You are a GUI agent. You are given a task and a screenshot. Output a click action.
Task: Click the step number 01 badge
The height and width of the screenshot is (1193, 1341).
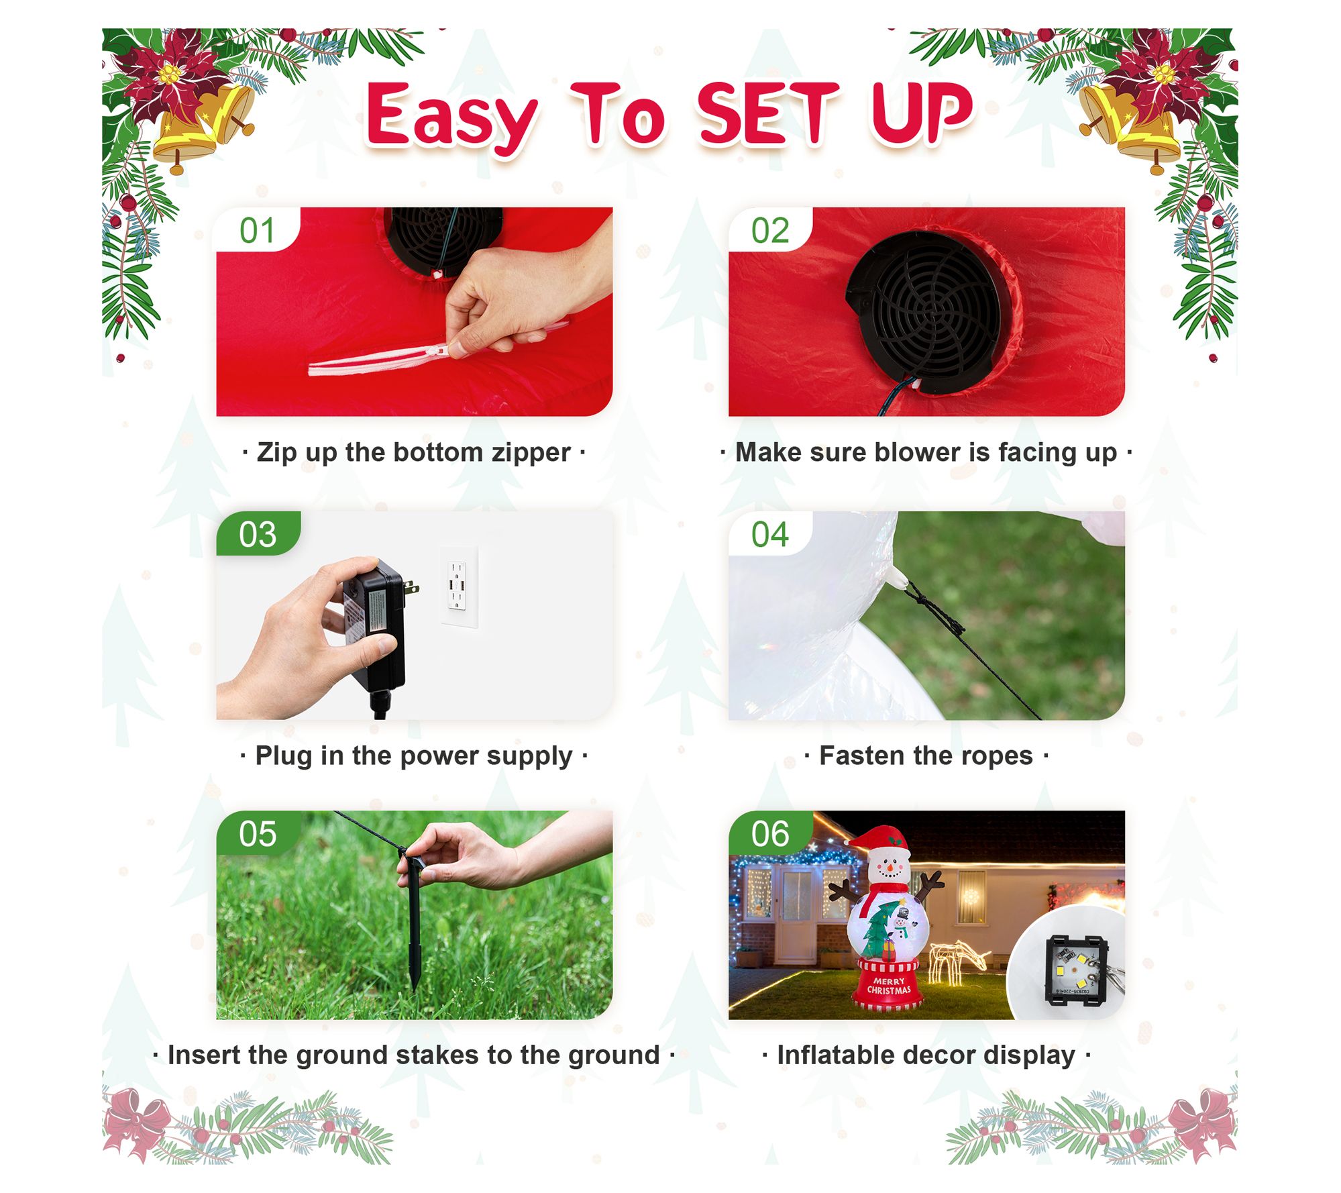(258, 230)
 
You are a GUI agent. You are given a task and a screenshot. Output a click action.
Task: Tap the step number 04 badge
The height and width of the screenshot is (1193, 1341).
(769, 534)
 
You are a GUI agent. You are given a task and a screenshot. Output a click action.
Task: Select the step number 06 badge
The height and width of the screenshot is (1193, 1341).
(770, 833)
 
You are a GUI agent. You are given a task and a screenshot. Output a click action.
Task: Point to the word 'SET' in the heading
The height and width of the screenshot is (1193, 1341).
(769, 113)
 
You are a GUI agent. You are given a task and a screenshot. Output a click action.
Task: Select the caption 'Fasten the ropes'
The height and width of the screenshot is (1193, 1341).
(926, 756)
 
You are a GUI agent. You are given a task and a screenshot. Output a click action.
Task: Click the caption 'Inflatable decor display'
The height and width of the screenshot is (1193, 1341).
(926, 1055)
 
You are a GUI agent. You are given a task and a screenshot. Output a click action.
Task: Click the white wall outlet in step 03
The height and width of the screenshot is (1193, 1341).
(460, 586)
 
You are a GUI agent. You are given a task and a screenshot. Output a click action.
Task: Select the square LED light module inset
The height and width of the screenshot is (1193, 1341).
(1075, 969)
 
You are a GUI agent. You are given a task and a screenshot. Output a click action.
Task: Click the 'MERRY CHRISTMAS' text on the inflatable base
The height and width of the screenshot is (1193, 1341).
(889, 986)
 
